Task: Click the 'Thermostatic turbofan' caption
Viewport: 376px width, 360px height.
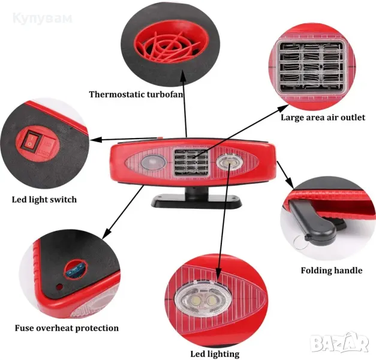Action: (x=136, y=94)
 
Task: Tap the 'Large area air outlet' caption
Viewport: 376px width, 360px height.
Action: (x=323, y=118)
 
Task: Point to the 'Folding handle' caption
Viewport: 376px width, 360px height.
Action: (x=331, y=271)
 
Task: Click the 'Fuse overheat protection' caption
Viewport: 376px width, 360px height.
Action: (x=67, y=328)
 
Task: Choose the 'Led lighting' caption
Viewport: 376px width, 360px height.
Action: (x=214, y=354)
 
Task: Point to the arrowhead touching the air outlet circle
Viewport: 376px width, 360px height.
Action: (x=282, y=109)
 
